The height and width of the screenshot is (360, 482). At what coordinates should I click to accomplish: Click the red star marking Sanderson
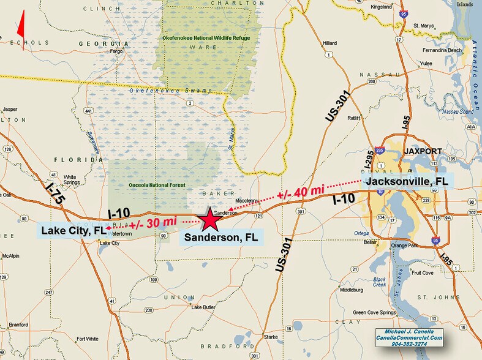(x=209, y=219)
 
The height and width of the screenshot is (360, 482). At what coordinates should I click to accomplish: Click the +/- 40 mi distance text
(x=300, y=192)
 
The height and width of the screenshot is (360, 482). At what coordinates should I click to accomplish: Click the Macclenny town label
(x=246, y=200)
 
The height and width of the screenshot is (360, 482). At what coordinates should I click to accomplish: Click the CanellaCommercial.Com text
(x=409, y=337)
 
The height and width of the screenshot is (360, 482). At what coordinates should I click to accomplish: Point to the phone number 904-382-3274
(x=409, y=344)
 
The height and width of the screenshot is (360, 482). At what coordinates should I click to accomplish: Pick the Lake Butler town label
(x=203, y=307)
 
